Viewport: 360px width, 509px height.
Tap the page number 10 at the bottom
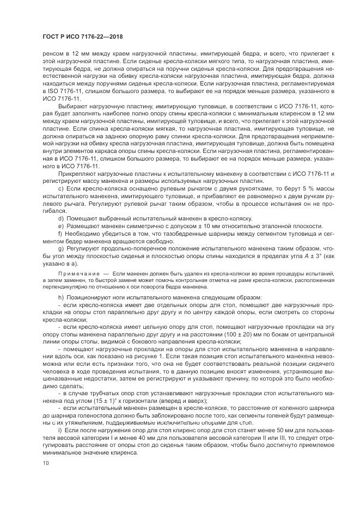(x=45, y=464)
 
